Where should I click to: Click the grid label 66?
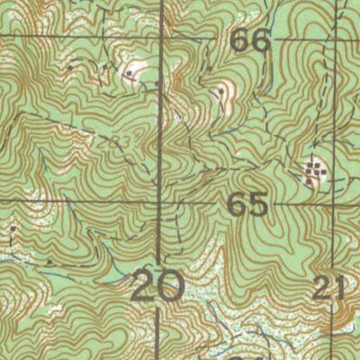pyautogui.click(x=250, y=40)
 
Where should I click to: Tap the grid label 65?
pyautogui.click(x=248, y=204)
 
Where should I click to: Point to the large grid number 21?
pyautogui.click(x=330, y=288)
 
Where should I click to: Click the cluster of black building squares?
pyautogui.click(x=313, y=171)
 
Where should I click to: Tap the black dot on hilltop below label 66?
pyautogui.click(x=221, y=91)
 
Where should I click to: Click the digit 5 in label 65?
pyautogui.click(x=258, y=204)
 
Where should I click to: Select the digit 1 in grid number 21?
pyautogui.click(x=340, y=288)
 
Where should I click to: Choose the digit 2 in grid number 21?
pyautogui.click(x=325, y=288)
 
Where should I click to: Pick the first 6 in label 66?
pyautogui.click(x=240, y=40)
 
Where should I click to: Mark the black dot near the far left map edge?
pyautogui.click(x=13, y=229)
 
